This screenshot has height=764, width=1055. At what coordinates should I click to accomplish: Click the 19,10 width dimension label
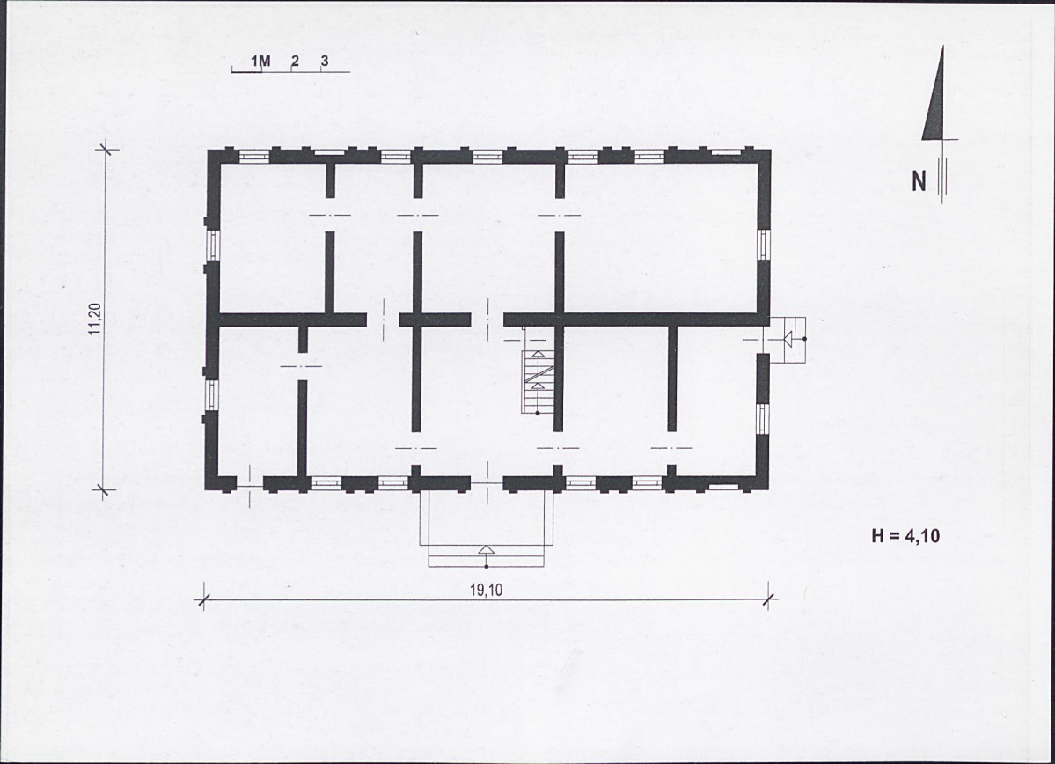[486, 591]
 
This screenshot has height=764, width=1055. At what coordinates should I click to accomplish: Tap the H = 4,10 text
[905, 536]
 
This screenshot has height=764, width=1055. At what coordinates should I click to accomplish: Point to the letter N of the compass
[919, 181]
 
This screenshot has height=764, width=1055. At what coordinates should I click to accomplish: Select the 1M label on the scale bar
[260, 62]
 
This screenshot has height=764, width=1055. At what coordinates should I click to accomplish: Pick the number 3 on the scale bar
[325, 62]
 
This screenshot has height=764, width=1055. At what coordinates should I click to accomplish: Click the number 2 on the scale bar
[295, 62]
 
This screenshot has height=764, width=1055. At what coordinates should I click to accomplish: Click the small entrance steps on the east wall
[788, 340]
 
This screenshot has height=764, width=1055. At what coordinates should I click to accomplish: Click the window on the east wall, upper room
[763, 245]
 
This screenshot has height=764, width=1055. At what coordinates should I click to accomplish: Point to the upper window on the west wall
[213, 245]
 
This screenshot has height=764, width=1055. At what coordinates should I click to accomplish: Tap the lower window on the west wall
[213, 394]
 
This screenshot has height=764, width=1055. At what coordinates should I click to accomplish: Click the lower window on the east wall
[763, 419]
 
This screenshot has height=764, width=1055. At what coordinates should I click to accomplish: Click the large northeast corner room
[661, 238]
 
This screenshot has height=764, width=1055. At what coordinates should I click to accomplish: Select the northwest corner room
[273, 238]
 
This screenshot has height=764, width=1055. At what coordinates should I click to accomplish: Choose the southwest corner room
[259, 401]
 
